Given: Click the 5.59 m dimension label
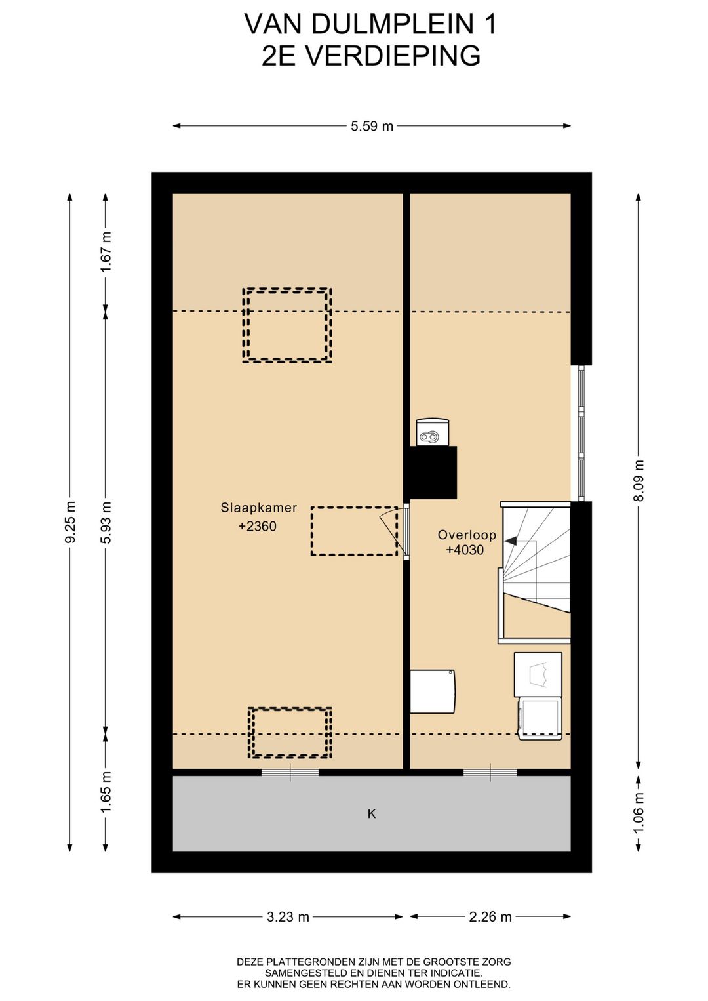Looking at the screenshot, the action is coord(372,127).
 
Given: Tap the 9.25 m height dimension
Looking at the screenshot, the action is coord(69,522).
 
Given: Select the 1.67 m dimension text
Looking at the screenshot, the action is coord(106,251).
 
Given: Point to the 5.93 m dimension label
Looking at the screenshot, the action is coord(106,522).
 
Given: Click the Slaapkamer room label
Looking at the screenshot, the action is coord(259,508).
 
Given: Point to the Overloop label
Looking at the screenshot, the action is coord(466,535).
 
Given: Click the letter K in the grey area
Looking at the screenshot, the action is coord(372,814).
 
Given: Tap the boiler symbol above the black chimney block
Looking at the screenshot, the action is coord(432,432).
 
